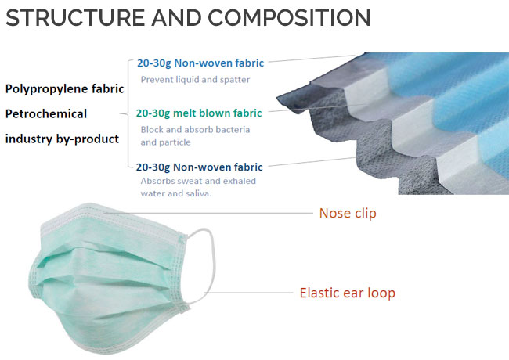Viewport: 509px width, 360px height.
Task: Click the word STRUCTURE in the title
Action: coord(75,17)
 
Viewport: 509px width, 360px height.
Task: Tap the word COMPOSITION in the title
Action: coord(289,17)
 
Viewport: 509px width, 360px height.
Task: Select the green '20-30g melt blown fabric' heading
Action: coord(199,113)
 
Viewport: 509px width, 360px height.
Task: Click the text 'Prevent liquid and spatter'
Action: coord(195,80)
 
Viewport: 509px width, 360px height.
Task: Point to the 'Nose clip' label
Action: coord(348,213)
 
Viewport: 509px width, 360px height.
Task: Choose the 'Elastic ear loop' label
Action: coord(348,293)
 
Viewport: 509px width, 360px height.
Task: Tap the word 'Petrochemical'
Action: coord(46,113)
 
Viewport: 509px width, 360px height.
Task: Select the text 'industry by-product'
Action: coord(63,139)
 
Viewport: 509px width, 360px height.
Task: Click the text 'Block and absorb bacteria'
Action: coord(195,130)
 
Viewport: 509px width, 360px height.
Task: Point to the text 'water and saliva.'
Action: coord(176,193)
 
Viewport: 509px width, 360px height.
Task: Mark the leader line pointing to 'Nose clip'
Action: coord(208,213)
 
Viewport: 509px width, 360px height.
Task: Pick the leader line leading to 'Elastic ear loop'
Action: coord(248,293)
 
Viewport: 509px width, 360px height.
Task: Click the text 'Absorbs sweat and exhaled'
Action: coord(198,181)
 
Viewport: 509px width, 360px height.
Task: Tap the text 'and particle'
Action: coord(165,142)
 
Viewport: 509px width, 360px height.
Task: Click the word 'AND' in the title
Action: coord(176,17)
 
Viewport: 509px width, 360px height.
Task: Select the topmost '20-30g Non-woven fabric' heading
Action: coord(200,63)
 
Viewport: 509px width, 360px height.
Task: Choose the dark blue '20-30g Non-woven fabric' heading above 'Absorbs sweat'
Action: coord(200,167)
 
